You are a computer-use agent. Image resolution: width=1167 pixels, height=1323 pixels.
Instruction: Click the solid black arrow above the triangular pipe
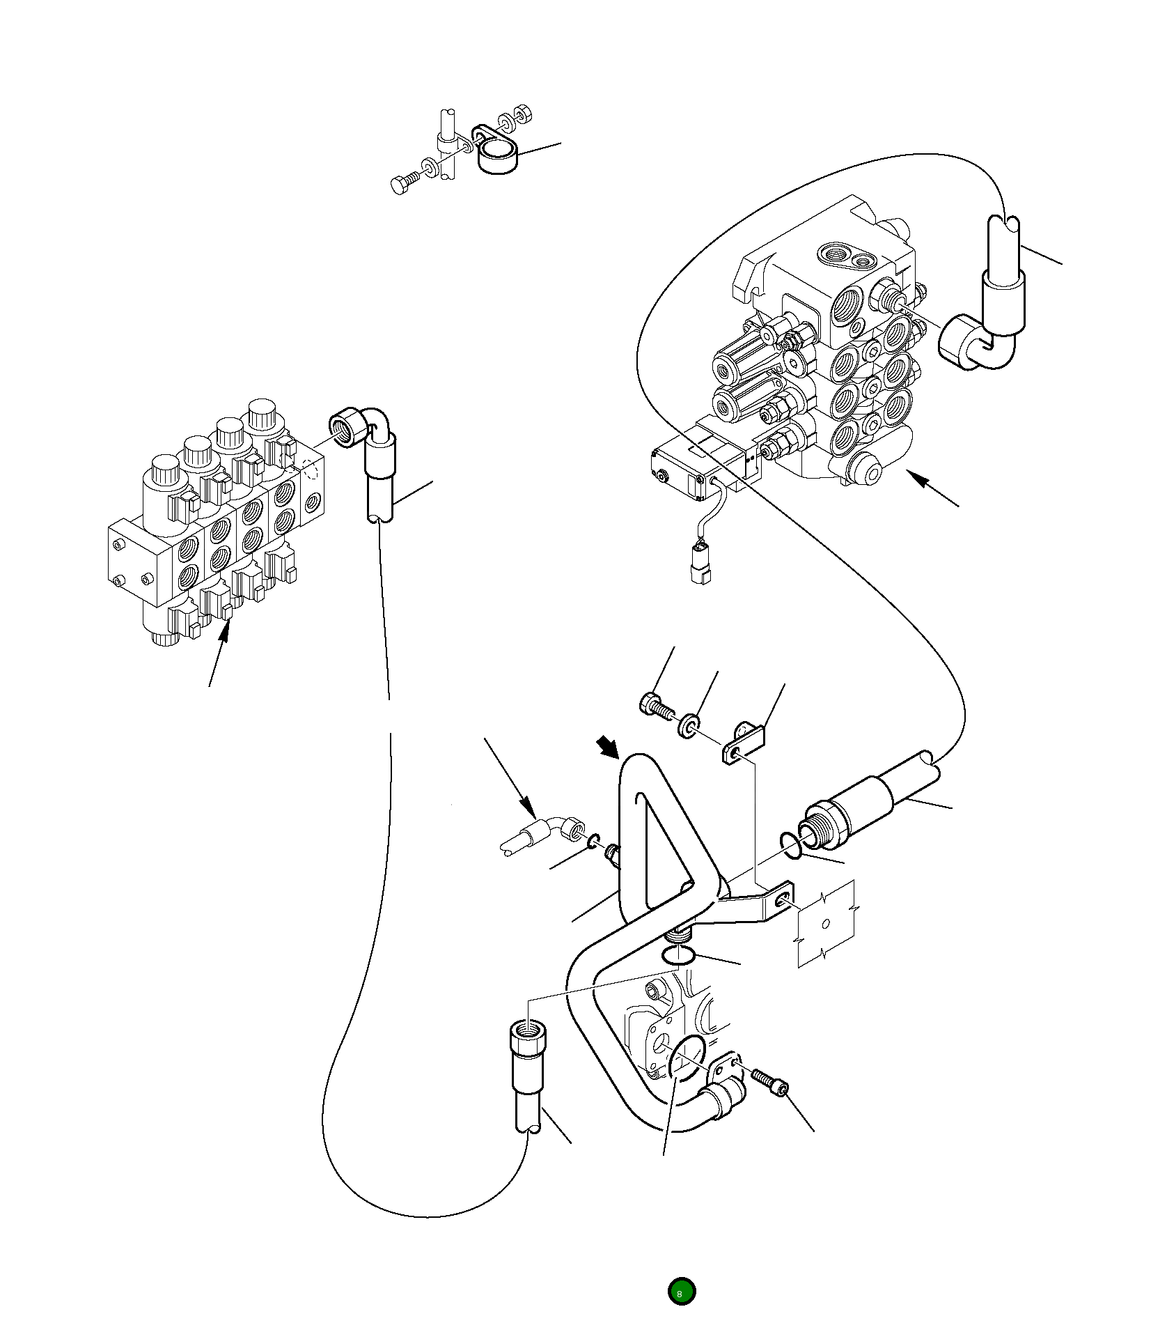click(609, 748)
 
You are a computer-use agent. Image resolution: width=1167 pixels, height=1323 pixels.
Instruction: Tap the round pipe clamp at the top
click(497, 157)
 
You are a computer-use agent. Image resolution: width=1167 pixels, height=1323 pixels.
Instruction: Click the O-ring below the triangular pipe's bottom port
click(677, 955)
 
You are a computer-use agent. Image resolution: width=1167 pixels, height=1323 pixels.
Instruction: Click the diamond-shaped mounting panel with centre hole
click(826, 924)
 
